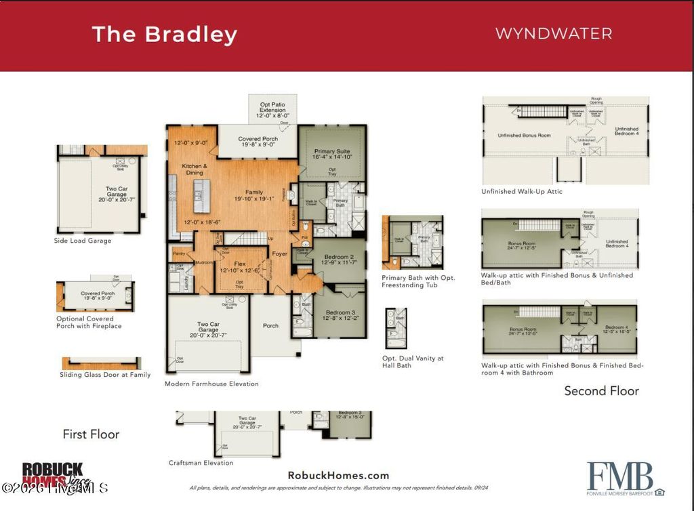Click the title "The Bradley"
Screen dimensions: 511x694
[x=164, y=34]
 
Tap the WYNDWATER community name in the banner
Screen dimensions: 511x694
[x=554, y=33]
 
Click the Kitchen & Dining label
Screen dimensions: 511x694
[x=195, y=169]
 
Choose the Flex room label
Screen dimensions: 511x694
[x=240, y=264]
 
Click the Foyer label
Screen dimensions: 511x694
[x=280, y=254]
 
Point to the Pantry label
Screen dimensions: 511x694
[x=179, y=253]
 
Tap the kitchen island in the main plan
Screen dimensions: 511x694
[x=199, y=197]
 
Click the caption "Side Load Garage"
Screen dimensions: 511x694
[x=83, y=241]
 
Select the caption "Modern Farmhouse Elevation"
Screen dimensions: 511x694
[x=211, y=384]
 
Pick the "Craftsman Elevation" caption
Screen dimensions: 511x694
[x=201, y=463]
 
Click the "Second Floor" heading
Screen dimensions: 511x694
[x=601, y=390]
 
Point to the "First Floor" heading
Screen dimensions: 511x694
[x=91, y=434]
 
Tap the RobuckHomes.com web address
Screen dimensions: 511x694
[x=338, y=475]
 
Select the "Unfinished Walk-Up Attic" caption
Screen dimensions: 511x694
[x=521, y=192]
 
